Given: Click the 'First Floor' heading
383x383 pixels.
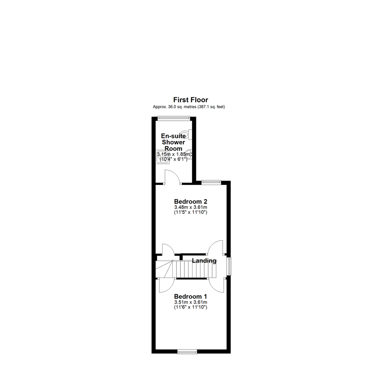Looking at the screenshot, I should (190, 100).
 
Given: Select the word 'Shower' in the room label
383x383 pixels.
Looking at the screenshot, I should (174, 142).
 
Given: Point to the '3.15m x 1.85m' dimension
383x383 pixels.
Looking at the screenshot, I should (174, 154).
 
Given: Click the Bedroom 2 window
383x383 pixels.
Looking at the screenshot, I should (211, 182).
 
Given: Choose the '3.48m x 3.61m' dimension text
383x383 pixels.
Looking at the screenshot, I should (190, 207).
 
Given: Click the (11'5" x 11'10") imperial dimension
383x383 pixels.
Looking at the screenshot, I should (190, 212).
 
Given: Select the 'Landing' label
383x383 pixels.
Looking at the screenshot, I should (204, 261).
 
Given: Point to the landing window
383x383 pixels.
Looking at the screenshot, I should (229, 266).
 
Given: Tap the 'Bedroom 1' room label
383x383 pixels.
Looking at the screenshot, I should (190, 296).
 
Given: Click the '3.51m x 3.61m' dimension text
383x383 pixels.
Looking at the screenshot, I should (190, 302).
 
